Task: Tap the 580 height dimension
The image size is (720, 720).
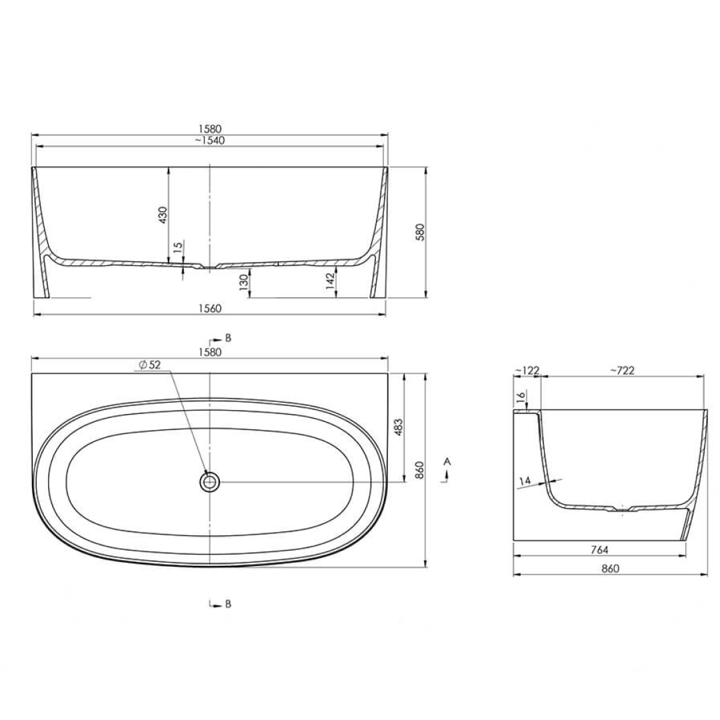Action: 421,231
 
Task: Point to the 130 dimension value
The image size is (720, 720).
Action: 244,283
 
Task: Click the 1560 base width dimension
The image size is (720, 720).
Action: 209,308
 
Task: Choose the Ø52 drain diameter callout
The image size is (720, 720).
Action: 151,364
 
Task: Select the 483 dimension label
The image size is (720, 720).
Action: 399,427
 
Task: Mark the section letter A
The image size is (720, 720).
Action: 448,461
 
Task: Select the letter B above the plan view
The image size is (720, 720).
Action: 228,338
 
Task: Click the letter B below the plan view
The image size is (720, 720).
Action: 228,604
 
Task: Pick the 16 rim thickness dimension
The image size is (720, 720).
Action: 521,397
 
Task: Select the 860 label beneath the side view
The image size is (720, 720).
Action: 610,569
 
